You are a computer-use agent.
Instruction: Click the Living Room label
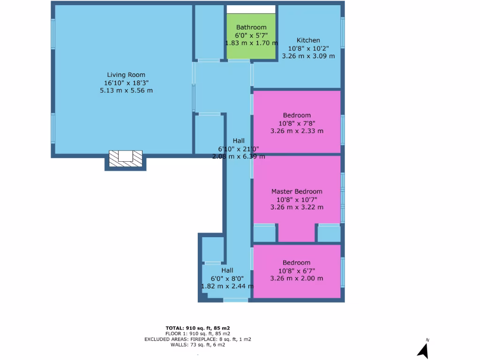[126, 75]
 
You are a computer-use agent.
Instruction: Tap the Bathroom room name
[251, 27]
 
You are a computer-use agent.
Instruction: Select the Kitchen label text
[308, 40]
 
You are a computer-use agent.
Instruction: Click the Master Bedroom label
[297, 191]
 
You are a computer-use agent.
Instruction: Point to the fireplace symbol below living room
[125, 157]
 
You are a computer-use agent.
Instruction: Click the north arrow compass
[423, 350]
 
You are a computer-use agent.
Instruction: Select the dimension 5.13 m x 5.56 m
[126, 90]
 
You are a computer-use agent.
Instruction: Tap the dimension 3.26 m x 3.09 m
[308, 56]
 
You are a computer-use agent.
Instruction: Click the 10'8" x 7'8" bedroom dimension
[297, 123]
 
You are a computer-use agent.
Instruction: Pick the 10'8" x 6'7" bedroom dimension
[297, 270]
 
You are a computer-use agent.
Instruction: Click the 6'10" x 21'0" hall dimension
[239, 149]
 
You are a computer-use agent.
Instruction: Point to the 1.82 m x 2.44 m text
[227, 286]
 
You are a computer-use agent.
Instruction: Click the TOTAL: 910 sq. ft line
[197, 328]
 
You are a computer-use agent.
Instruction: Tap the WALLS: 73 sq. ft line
[197, 345]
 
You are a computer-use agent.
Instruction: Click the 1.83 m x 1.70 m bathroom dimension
[251, 43]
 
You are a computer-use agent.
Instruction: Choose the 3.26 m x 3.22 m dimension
[297, 207]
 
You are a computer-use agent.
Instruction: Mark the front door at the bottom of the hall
[236, 300]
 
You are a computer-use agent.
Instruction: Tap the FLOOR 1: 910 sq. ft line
[197, 333]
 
